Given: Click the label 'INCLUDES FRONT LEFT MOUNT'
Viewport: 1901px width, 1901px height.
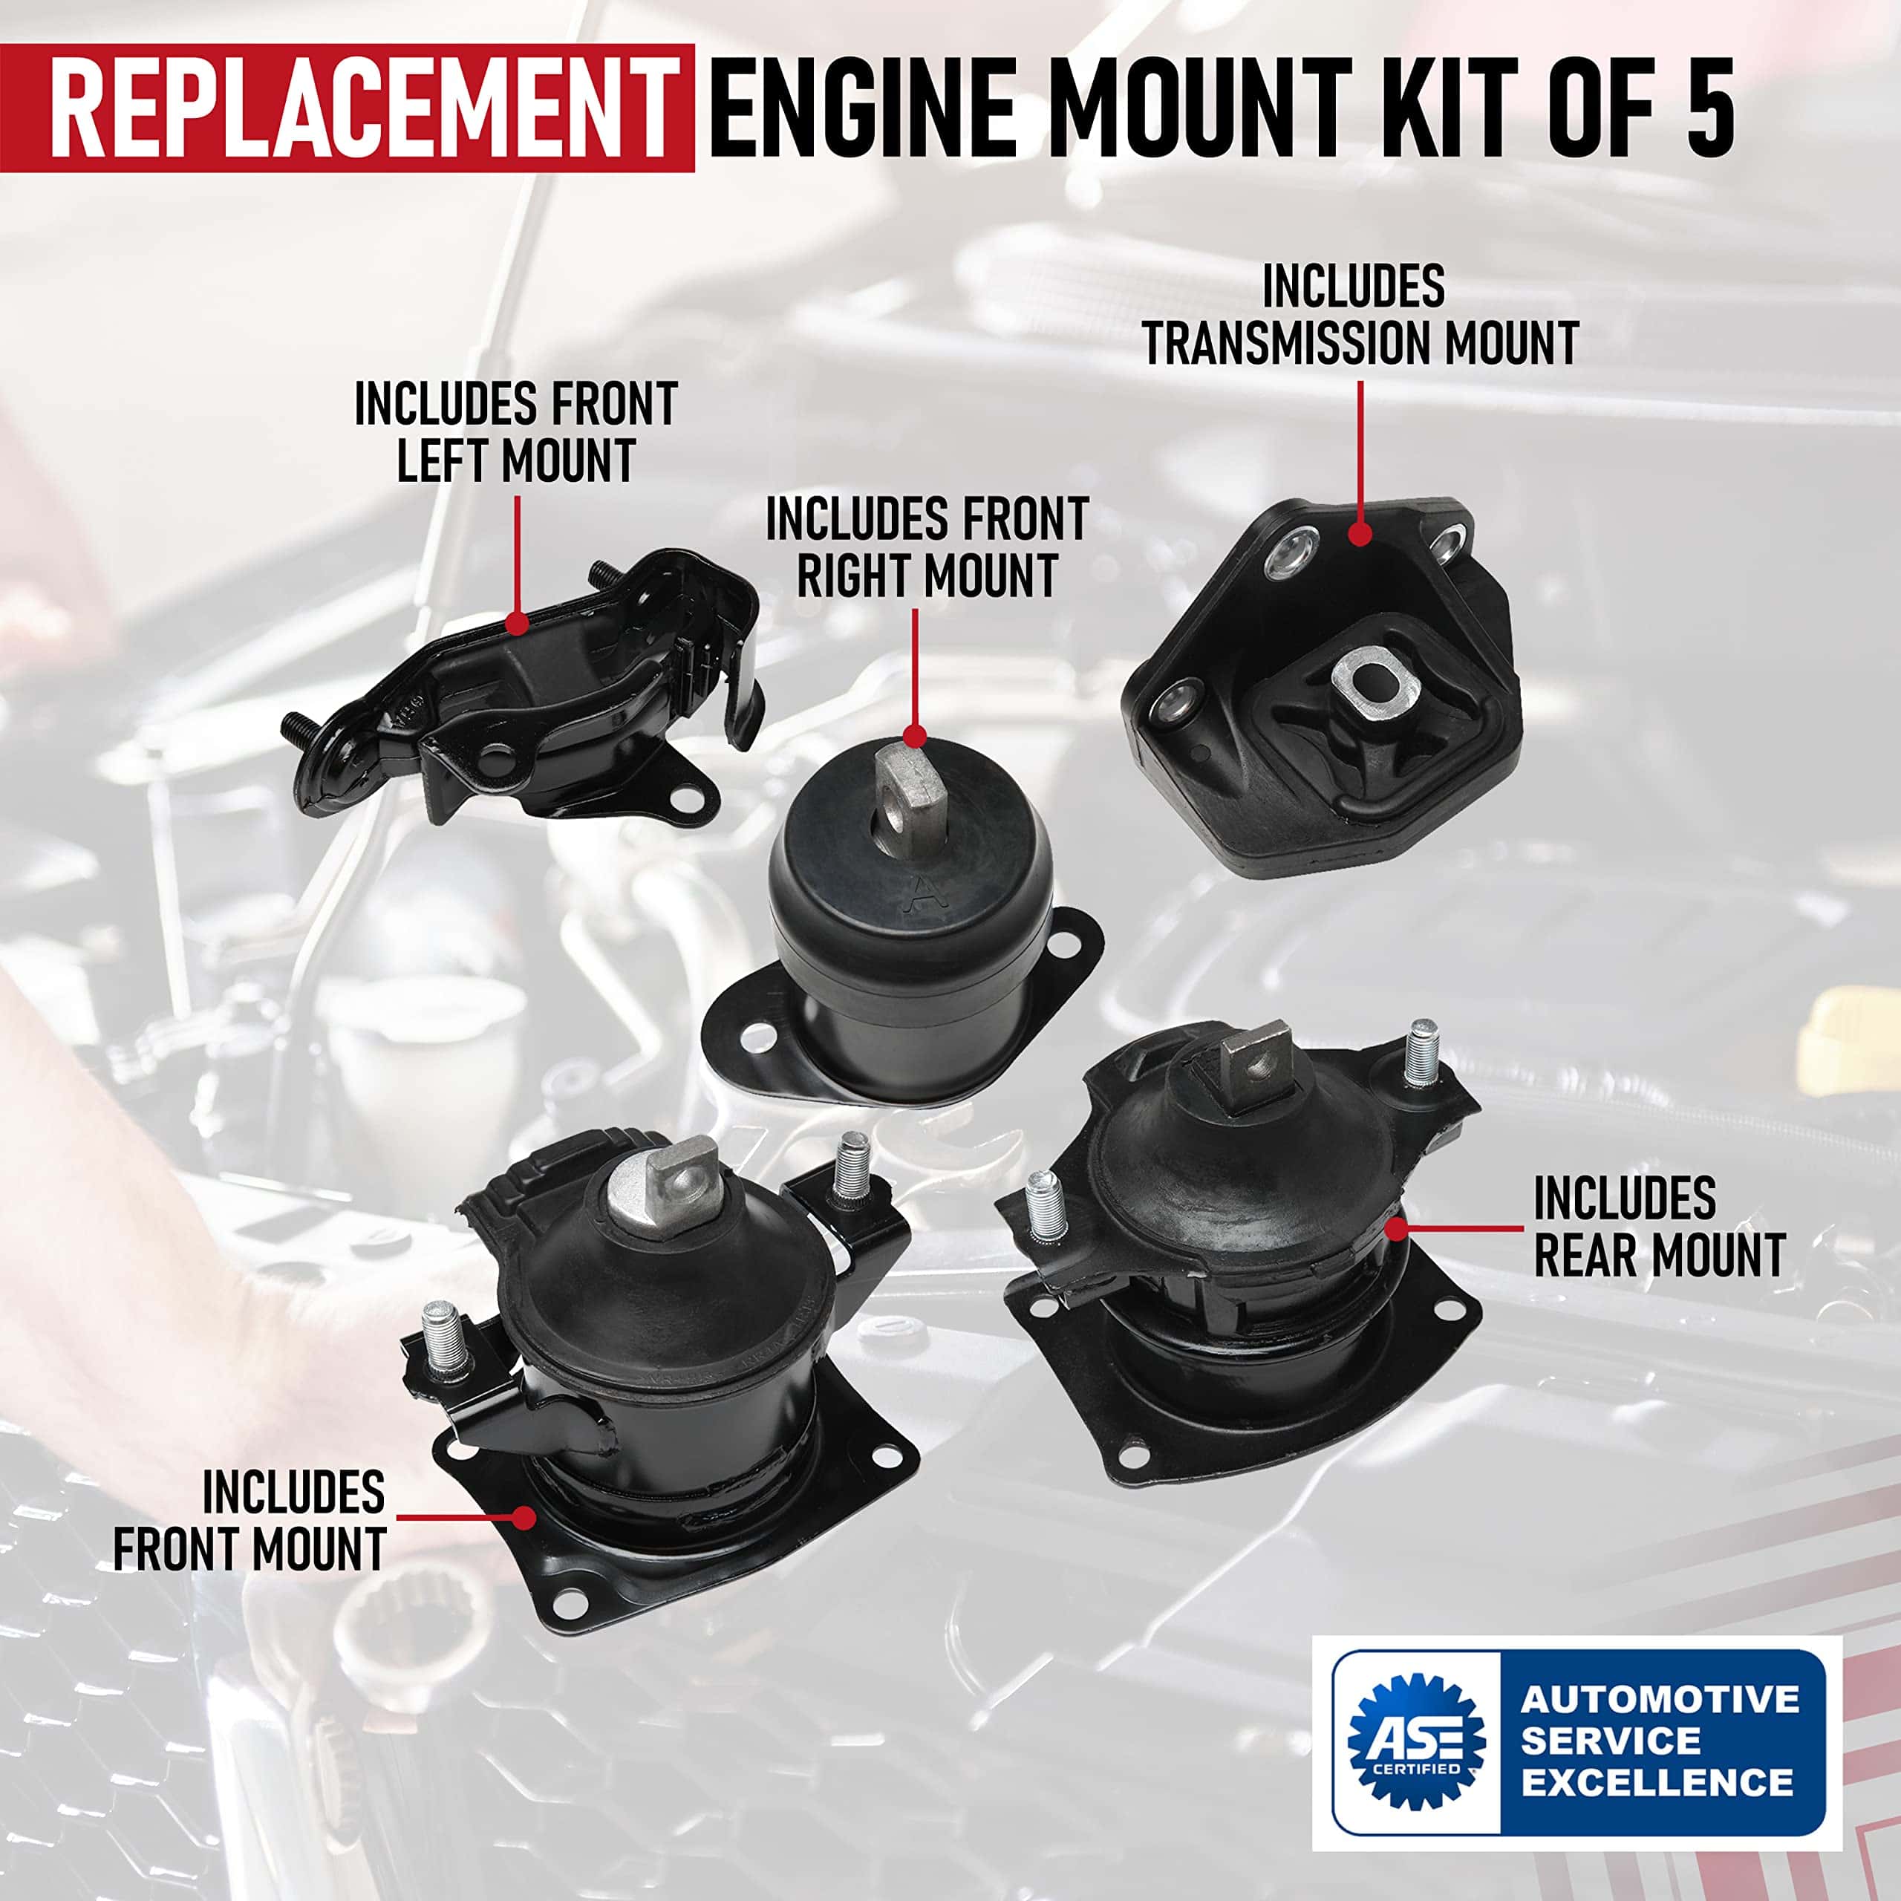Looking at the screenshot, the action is coord(515,432).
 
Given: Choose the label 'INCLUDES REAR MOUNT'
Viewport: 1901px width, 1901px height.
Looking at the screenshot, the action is coord(1659,1226).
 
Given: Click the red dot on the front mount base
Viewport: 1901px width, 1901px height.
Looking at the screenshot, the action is coord(524,1544).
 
